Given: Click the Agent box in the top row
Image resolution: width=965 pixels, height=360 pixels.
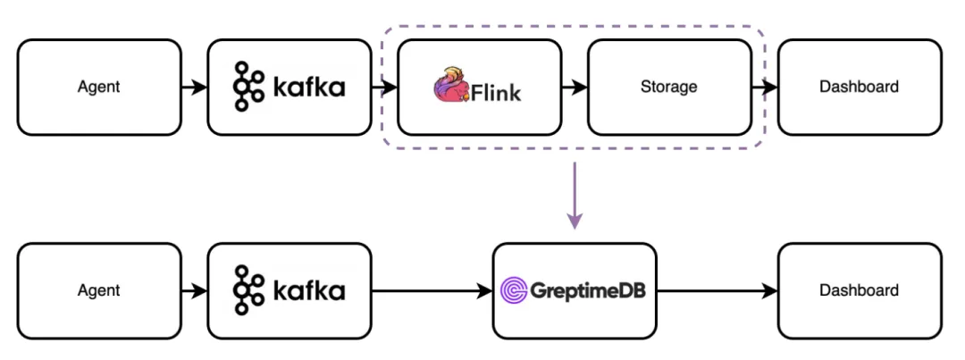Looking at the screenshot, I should [x=98, y=88].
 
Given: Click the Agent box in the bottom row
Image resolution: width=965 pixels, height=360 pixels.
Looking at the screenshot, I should [x=98, y=290].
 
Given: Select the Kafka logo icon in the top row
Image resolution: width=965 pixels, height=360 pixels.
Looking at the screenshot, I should [x=248, y=88].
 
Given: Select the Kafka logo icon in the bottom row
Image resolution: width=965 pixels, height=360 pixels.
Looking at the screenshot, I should [x=248, y=290].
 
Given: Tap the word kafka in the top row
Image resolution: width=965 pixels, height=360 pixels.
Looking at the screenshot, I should [x=307, y=88].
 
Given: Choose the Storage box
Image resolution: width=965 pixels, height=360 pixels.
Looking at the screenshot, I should [x=668, y=88].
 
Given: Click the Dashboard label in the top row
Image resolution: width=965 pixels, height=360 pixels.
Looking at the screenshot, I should [x=859, y=88].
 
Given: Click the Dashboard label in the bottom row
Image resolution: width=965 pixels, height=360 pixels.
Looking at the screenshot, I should [x=859, y=290].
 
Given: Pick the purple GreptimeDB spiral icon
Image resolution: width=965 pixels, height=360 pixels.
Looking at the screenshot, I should [x=515, y=290].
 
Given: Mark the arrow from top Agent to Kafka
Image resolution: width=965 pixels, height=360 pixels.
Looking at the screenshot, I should [x=193, y=88].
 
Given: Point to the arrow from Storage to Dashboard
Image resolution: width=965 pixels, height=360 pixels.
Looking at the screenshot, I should [x=765, y=88].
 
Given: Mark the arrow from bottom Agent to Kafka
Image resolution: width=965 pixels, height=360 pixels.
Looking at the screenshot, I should [x=193, y=290].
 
